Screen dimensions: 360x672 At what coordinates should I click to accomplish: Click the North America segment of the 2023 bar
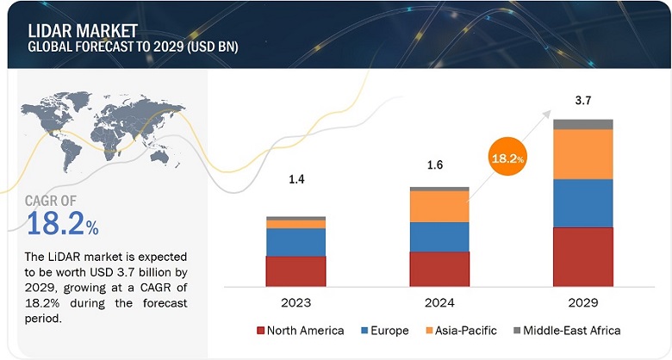[x=296, y=270]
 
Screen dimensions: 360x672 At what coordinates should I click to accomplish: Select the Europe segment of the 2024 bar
[x=439, y=236]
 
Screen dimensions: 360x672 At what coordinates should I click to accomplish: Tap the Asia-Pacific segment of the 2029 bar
[x=583, y=153]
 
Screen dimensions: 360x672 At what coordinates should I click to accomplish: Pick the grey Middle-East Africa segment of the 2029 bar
[x=583, y=124]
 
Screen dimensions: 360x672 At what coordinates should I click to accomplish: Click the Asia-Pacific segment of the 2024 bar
[x=439, y=206]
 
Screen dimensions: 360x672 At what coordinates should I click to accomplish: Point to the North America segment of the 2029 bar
[x=583, y=256]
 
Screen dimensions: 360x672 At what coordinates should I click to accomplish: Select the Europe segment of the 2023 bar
[x=296, y=242]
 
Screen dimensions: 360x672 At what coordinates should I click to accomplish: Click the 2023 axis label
[x=296, y=302]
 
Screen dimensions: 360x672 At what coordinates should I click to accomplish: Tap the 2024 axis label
[x=439, y=302]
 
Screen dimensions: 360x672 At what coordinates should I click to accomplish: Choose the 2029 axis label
[x=583, y=302]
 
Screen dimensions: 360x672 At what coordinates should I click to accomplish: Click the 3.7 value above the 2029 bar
[x=583, y=101]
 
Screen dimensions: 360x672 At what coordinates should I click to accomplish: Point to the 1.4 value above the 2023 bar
[x=296, y=178]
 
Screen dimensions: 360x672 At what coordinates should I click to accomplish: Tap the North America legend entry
[x=301, y=330]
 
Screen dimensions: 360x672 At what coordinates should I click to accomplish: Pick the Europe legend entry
[x=384, y=330]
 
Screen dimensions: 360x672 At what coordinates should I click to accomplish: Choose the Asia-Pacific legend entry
[x=460, y=330]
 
